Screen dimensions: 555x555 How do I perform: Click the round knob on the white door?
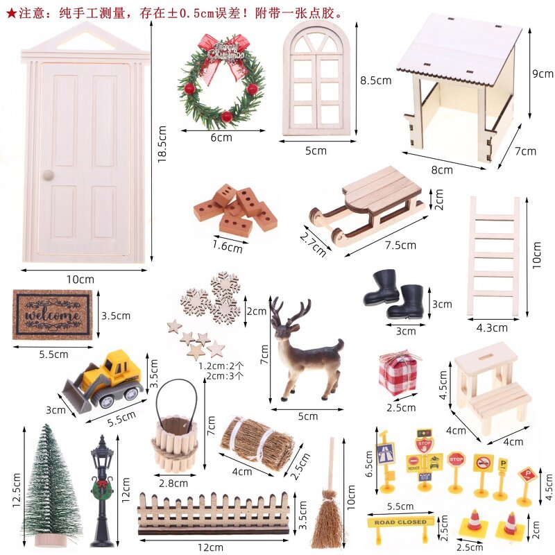[x=49, y=174]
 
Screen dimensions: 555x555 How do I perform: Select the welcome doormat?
[x=52, y=314]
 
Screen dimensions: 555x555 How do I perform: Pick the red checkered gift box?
[x=398, y=373]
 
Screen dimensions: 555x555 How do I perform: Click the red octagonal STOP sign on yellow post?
[x=456, y=459]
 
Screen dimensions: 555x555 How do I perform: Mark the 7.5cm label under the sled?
[x=400, y=245]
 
